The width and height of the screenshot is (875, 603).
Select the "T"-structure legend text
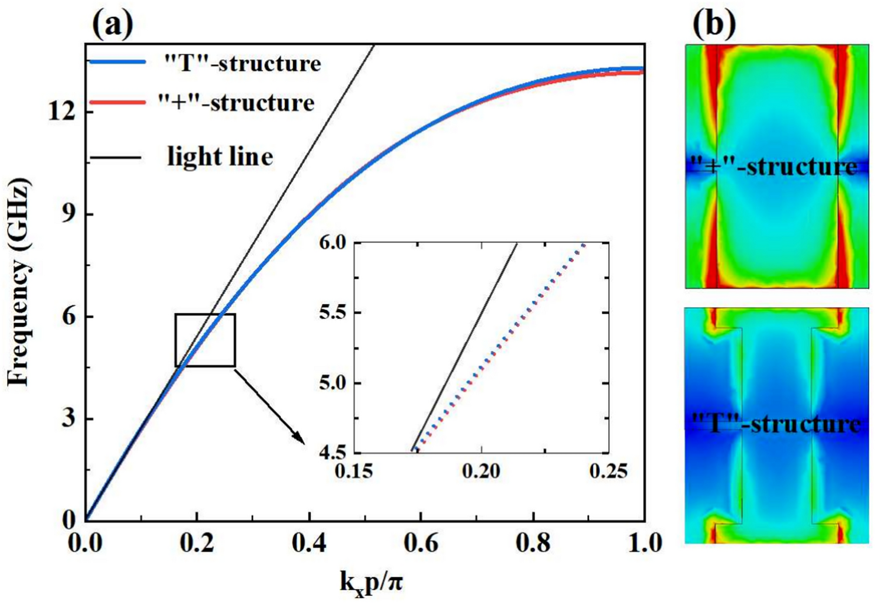click(242, 63)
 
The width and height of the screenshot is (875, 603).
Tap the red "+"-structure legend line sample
click(117, 102)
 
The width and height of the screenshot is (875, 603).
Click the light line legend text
click(220, 157)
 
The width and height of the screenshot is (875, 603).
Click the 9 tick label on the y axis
click(70, 214)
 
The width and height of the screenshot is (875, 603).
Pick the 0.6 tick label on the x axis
click(421, 543)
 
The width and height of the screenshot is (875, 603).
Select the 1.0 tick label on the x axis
click(643, 543)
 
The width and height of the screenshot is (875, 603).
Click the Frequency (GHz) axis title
click(19, 283)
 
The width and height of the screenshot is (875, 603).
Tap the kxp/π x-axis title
click(370, 582)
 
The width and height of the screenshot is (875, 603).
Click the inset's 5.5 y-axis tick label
click(334, 313)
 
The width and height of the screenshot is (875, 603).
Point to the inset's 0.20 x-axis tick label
click(481, 471)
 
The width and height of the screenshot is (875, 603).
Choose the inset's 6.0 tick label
click(334, 242)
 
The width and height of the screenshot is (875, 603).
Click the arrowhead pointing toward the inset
click(299, 439)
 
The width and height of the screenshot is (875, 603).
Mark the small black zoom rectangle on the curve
click(205, 340)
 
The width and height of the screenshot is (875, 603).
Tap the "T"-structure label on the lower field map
click(776, 423)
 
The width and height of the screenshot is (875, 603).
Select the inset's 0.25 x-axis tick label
click(608, 471)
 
